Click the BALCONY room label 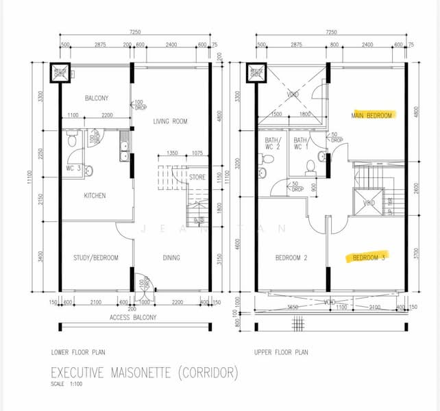[97, 98]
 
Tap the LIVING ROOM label [171, 121]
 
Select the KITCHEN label [95, 196]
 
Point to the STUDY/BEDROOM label [96, 258]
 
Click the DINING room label [171, 258]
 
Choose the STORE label [197, 177]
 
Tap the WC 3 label [74, 168]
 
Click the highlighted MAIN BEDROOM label [372, 115]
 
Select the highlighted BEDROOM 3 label [370, 258]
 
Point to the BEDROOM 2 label [292, 258]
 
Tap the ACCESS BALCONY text [133, 317]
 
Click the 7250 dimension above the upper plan [332, 32]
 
